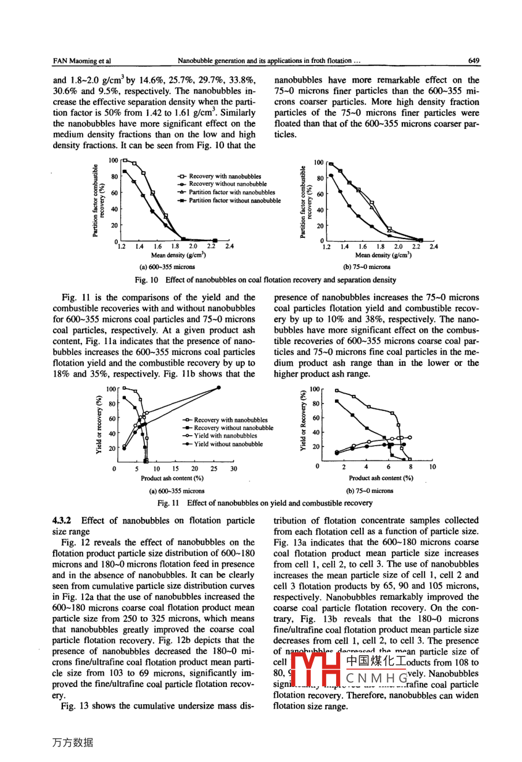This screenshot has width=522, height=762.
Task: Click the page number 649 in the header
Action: [x=473, y=60]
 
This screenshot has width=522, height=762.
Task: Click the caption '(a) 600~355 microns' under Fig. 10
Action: [x=167, y=267]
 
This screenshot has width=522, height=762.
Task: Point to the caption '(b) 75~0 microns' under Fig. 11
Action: [x=370, y=491]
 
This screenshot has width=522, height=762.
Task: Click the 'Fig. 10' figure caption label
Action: [x=146, y=280]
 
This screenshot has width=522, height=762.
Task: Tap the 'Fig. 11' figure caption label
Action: [x=170, y=503]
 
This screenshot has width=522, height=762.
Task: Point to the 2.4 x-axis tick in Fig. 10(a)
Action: [x=229, y=246]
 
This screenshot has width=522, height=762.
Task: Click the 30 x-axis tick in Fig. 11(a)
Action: [x=233, y=469]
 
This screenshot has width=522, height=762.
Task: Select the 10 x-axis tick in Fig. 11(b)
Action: [x=432, y=466]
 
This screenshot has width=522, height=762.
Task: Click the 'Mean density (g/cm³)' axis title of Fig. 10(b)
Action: [x=383, y=255]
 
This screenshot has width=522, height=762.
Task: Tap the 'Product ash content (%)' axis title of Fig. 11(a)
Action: [x=171, y=478]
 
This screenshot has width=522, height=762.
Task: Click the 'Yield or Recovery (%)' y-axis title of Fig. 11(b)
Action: [x=303, y=421]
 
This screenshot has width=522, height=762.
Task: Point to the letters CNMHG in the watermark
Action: [x=376, y=678]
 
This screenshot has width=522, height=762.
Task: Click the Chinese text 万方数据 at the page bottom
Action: [x=73, y=742]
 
